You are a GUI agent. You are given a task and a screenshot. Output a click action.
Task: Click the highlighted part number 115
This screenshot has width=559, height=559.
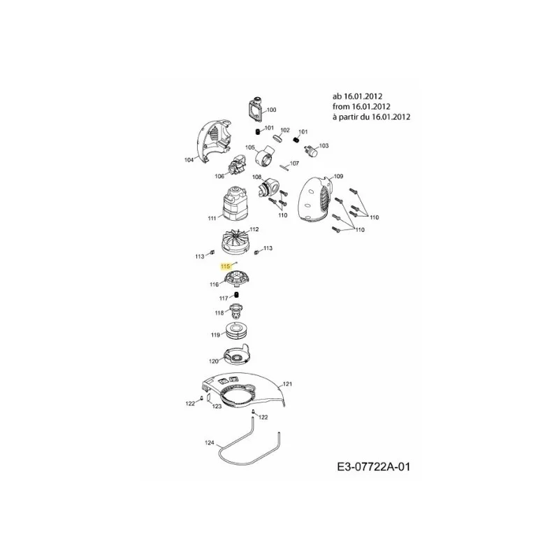[225, 266]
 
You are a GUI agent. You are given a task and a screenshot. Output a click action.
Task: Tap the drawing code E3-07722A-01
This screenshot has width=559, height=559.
[373, 466]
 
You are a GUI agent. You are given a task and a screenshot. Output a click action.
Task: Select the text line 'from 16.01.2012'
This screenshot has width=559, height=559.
[361, 106]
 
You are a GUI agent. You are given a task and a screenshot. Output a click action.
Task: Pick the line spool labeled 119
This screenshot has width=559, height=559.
[237, 331]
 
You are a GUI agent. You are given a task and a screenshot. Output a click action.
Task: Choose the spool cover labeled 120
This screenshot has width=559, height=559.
[236, 355]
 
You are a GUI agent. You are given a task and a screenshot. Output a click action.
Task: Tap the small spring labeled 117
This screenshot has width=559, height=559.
[236, 294]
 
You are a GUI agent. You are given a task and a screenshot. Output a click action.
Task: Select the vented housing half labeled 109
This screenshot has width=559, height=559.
[316, 201]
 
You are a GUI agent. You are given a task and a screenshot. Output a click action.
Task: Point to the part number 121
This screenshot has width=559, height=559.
[287, 384]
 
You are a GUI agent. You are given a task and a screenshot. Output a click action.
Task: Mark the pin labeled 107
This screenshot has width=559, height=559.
[284, 167]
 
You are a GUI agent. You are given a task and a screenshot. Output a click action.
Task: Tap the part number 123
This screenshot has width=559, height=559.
[217, 406]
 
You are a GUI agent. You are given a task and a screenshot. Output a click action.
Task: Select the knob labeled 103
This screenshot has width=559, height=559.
[311, 151]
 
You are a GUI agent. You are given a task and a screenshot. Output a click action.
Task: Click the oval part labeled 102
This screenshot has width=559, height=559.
[278, 138]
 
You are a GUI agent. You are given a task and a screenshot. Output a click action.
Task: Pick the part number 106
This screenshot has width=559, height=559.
[219, 176]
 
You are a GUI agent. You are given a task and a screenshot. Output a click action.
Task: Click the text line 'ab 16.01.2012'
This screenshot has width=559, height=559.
[357, 96]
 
